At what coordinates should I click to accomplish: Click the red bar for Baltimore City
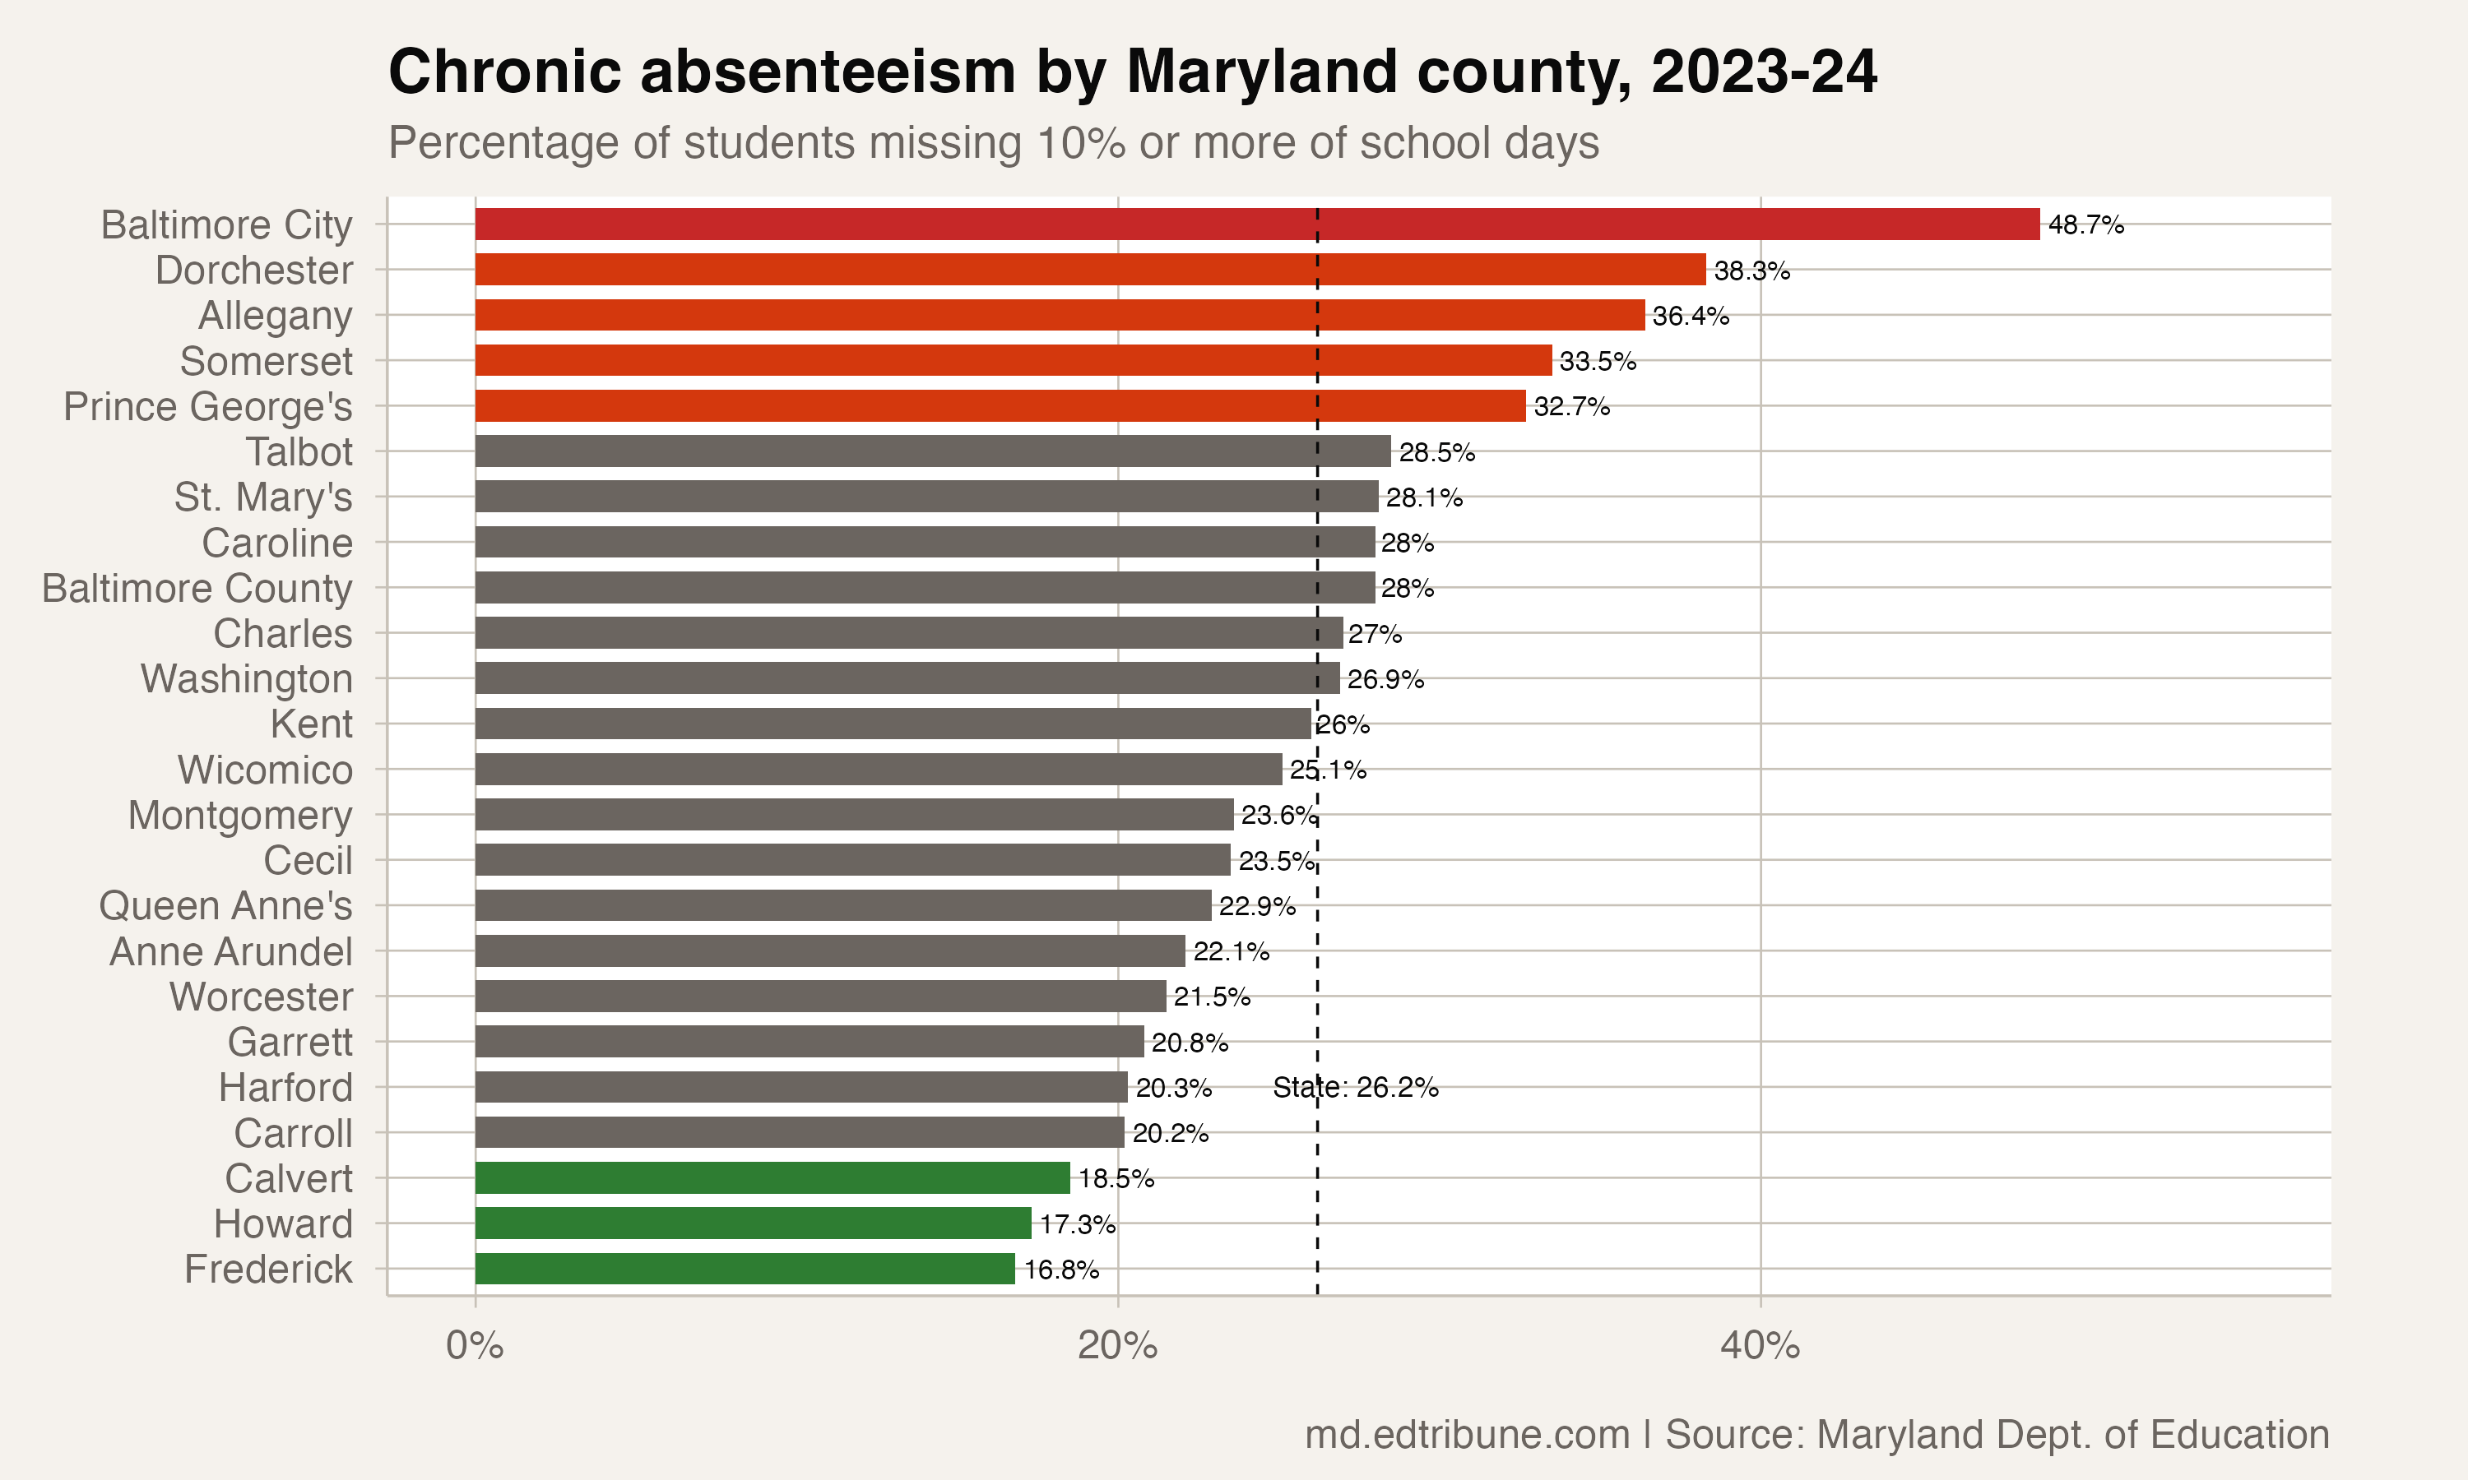[1257, 224]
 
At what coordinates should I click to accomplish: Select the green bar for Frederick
[745, 1269]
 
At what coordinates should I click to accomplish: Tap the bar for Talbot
[933, 451]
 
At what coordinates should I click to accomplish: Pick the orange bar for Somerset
[1013, 360]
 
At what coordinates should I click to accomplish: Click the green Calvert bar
[772, 1177]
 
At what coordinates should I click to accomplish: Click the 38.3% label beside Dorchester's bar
[1751, 271]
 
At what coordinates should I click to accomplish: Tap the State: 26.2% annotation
[1355, 1087]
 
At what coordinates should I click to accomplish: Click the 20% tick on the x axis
[1117, 1345]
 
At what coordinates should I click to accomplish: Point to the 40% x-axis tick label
[1760, 1345]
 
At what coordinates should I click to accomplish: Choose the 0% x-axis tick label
[475, 1345]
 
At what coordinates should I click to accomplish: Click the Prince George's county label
[207, 407]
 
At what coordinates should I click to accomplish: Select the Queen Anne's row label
[225, 905]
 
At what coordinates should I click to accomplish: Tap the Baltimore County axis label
[197, 589]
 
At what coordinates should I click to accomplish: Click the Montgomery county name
[239, 816]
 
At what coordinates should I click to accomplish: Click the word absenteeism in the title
[827, 73]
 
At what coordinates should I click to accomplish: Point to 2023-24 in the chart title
[1764, 73]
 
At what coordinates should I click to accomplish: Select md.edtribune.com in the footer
[1467, 1434]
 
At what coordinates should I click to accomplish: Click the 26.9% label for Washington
[1385, 679]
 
